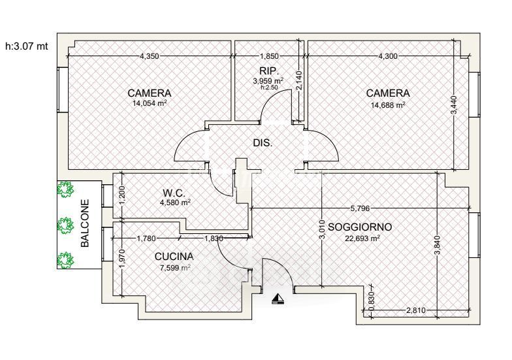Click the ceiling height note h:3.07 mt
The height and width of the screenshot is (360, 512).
27,46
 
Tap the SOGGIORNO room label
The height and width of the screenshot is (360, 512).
360,227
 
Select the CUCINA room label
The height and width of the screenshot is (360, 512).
174,256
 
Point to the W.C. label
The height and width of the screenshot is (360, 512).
174,193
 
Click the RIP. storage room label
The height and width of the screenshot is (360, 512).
269,71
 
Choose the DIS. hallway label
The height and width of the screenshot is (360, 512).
263,142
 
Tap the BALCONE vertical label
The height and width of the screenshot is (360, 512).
85,223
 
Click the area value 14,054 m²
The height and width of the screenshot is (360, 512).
150,103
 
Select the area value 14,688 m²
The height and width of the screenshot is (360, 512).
388,105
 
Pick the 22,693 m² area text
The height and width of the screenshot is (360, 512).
362,238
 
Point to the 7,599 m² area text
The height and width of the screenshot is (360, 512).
175,268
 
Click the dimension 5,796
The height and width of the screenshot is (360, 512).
360,208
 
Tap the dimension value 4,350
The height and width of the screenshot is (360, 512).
149,56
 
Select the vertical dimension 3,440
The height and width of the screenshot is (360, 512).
453,105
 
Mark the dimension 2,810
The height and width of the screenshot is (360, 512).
415,310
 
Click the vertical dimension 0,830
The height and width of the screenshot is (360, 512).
371,299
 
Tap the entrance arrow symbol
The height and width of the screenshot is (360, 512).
278,299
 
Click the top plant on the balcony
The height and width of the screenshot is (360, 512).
65,189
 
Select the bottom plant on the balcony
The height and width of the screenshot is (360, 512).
65,260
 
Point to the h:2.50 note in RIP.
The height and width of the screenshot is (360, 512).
269,88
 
